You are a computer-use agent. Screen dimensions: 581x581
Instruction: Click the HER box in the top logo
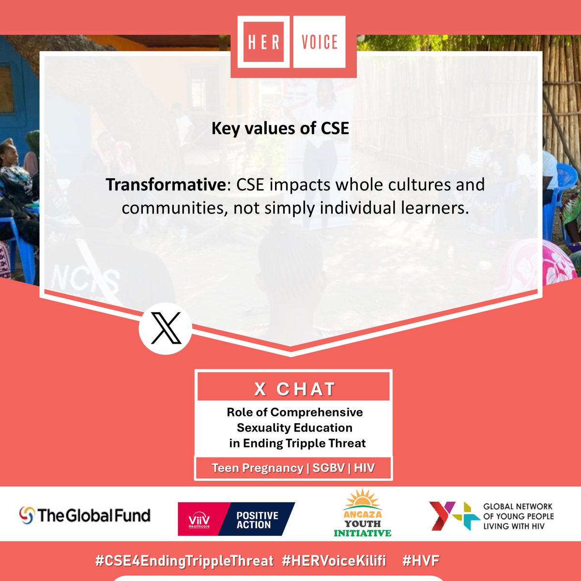click(264, 42)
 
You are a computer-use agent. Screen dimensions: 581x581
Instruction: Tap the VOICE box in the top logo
click(320, 42)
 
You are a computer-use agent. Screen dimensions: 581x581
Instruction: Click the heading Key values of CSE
click(280, 128)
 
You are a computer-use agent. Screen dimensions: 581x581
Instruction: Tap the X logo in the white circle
click(166, 329)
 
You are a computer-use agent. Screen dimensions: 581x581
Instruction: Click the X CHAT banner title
click(294, 389)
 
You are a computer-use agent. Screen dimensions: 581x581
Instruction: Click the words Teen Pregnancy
click(257, 468)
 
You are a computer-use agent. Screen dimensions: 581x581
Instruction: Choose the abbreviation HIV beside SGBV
click(364, 468)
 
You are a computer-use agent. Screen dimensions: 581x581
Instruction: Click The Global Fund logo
click(85, 515)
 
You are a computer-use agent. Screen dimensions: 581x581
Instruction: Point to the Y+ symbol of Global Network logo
click(449, 516)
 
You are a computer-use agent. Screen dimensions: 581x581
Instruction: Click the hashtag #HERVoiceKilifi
click(334, 561)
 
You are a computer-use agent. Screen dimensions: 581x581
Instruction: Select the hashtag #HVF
click(420, 561)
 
